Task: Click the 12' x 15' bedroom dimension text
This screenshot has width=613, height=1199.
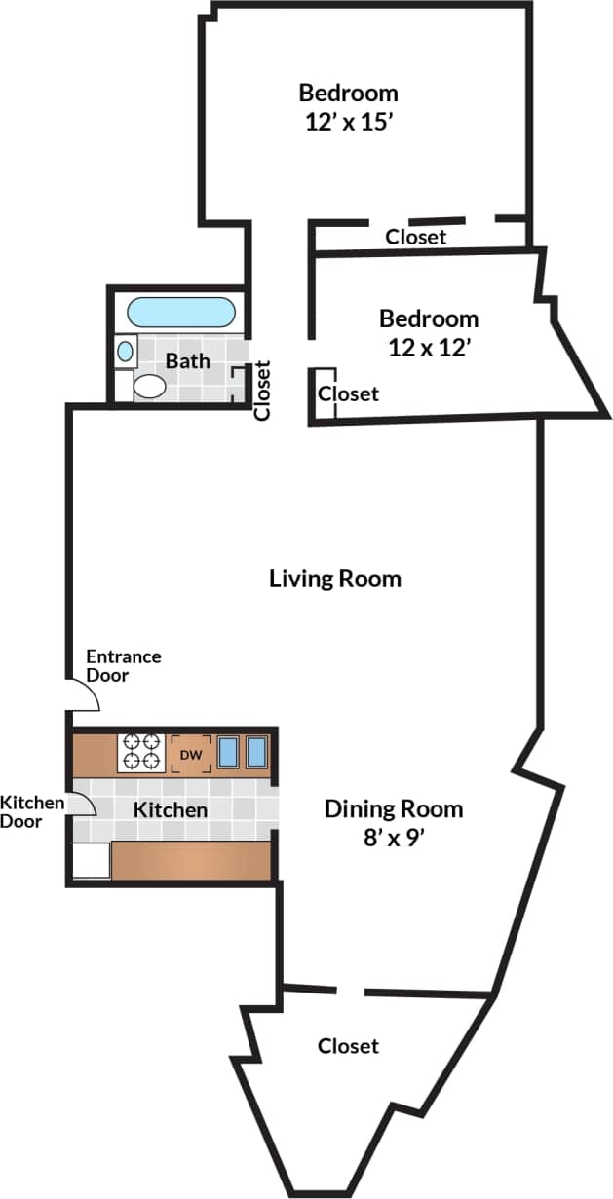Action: pyautogui.click(x=348, y=123)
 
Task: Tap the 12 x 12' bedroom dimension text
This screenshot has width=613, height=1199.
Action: pyautogui.click(x=430, y=347)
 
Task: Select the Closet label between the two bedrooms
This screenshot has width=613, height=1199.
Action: pyautogui.click(x=416, y=237)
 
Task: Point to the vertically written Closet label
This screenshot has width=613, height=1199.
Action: pyautogui.click(x=261, y=391)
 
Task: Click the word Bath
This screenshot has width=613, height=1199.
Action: pyautogui.click(x=187, y=360)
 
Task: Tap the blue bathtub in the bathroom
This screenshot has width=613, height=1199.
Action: pyautogui.click(x=181, y=313)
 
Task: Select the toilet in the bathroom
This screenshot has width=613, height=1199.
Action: pyautogui.click(x=149, y=386)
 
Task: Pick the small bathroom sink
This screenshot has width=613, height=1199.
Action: pyautogui.click(x=126, y=350)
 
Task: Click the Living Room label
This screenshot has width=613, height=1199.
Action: pyautogui.click(x=334, y=579)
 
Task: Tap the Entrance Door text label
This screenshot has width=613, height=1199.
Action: pyautogui.click(x=124, y=666)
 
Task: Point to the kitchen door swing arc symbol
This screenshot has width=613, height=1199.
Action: pyautogui.click(x=83, y=805)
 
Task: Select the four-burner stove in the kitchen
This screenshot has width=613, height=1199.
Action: pyautogui.click(x=140, y=752)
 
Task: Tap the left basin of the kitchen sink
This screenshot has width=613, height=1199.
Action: pyautogui.click(x=229, y=752)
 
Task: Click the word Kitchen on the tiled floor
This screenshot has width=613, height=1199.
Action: pyautogui.click(x=171, y=809)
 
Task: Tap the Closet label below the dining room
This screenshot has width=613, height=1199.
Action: pyautogui.click(x=348, y=1046)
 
